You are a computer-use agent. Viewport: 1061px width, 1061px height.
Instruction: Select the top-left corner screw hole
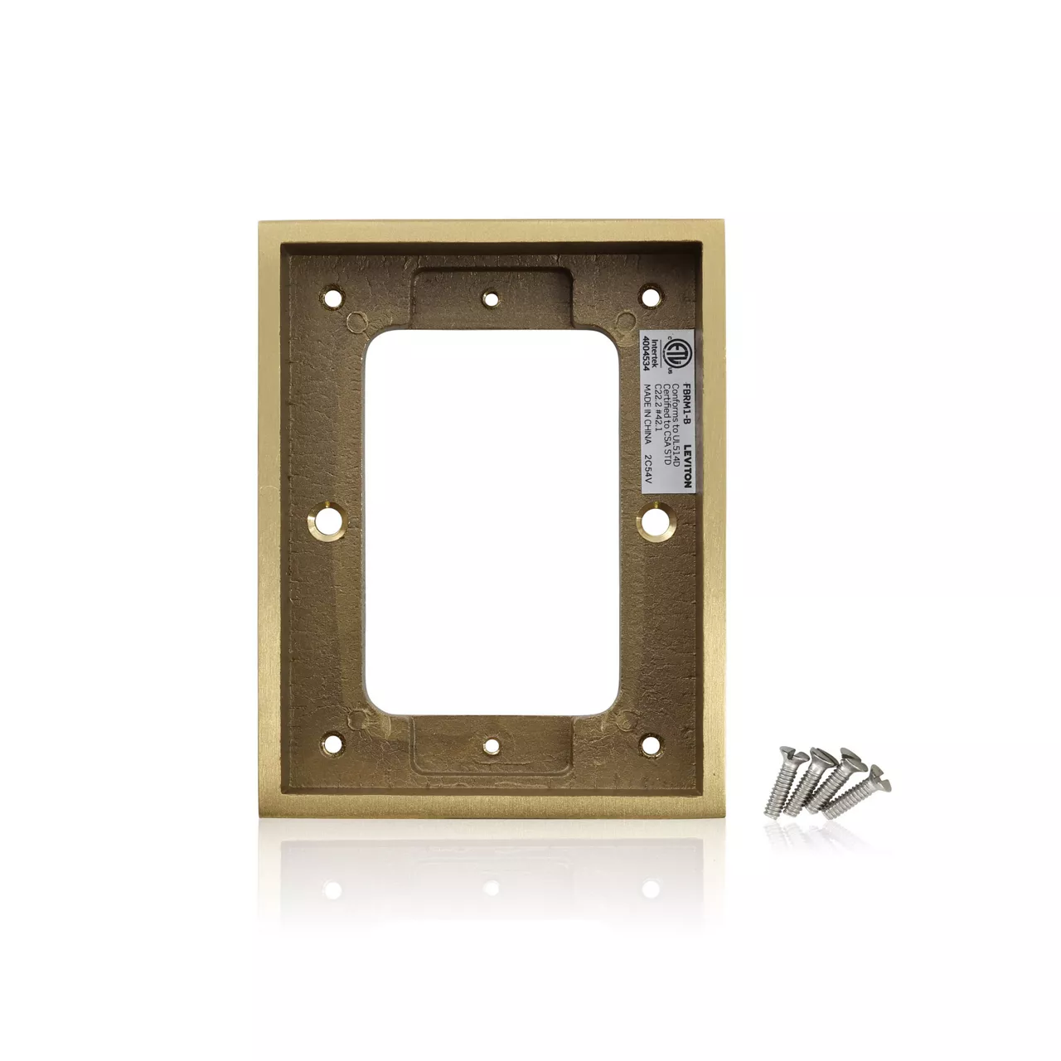coord(333,295)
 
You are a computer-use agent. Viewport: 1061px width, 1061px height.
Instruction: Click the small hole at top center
coord(492,298)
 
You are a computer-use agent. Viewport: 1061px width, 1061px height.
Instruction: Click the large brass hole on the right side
coord(656,520)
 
